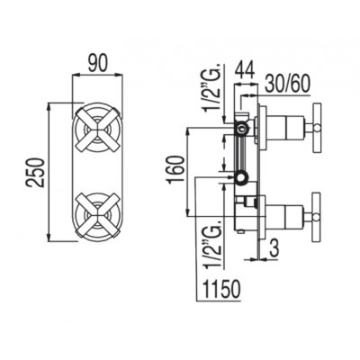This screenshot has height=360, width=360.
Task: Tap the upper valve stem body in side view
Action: pos(286,127)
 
